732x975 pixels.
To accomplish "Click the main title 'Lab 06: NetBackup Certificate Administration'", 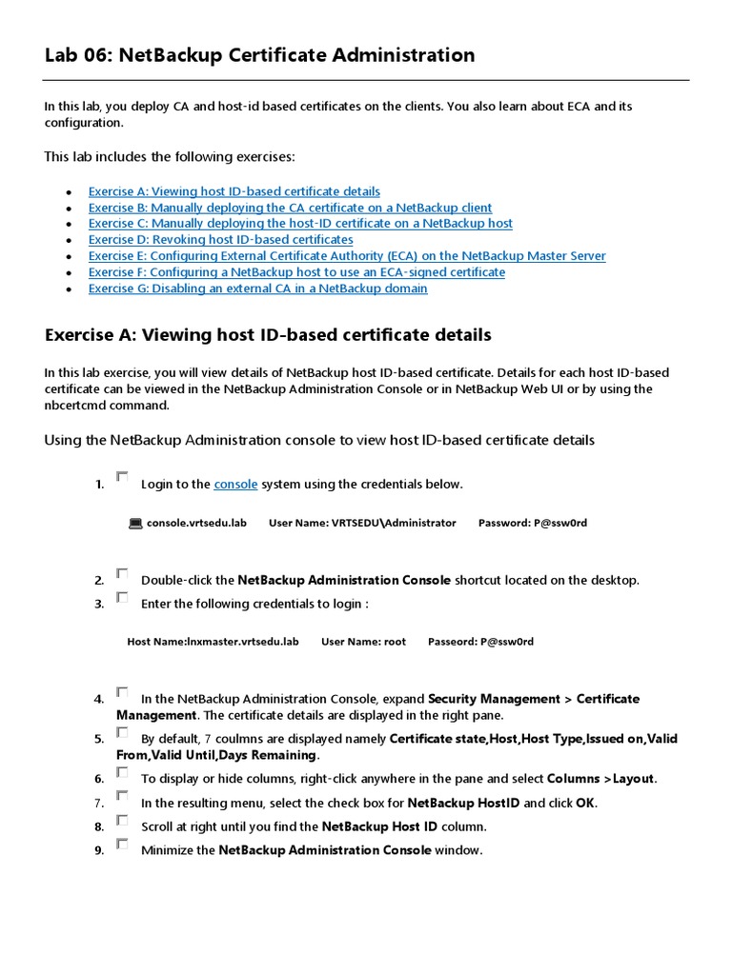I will click(x=259, y=55).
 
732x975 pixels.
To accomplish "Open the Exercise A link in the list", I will click(x=234, y=191).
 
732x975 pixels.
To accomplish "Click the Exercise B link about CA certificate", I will click(x=290, y=208).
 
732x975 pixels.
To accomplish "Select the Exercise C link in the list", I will click(x=300, y=224).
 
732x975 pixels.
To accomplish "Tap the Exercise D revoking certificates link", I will click(x=220, y=240).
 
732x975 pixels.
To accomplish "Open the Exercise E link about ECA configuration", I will click(x=346, y=256).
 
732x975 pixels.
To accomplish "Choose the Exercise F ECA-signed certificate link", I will click(x=296, y=272).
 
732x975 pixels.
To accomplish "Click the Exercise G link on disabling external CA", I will click(x=257, y=289).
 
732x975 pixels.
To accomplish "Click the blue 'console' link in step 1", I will click(x=235, y=484).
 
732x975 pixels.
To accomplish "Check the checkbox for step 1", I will click(x=122, y=476).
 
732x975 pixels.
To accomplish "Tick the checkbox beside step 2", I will click(x=122, y=573).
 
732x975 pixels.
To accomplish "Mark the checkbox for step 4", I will click(x=122, y=692).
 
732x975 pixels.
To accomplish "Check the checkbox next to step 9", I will click(x=122, y=844).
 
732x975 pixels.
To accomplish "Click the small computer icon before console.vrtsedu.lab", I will click(x=135, y=523).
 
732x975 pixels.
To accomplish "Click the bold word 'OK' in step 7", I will click(x=584, y=803).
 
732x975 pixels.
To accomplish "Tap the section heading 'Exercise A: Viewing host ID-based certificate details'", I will click(x=268, y=335).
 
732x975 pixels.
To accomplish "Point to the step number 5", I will click(x=99, y=739).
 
